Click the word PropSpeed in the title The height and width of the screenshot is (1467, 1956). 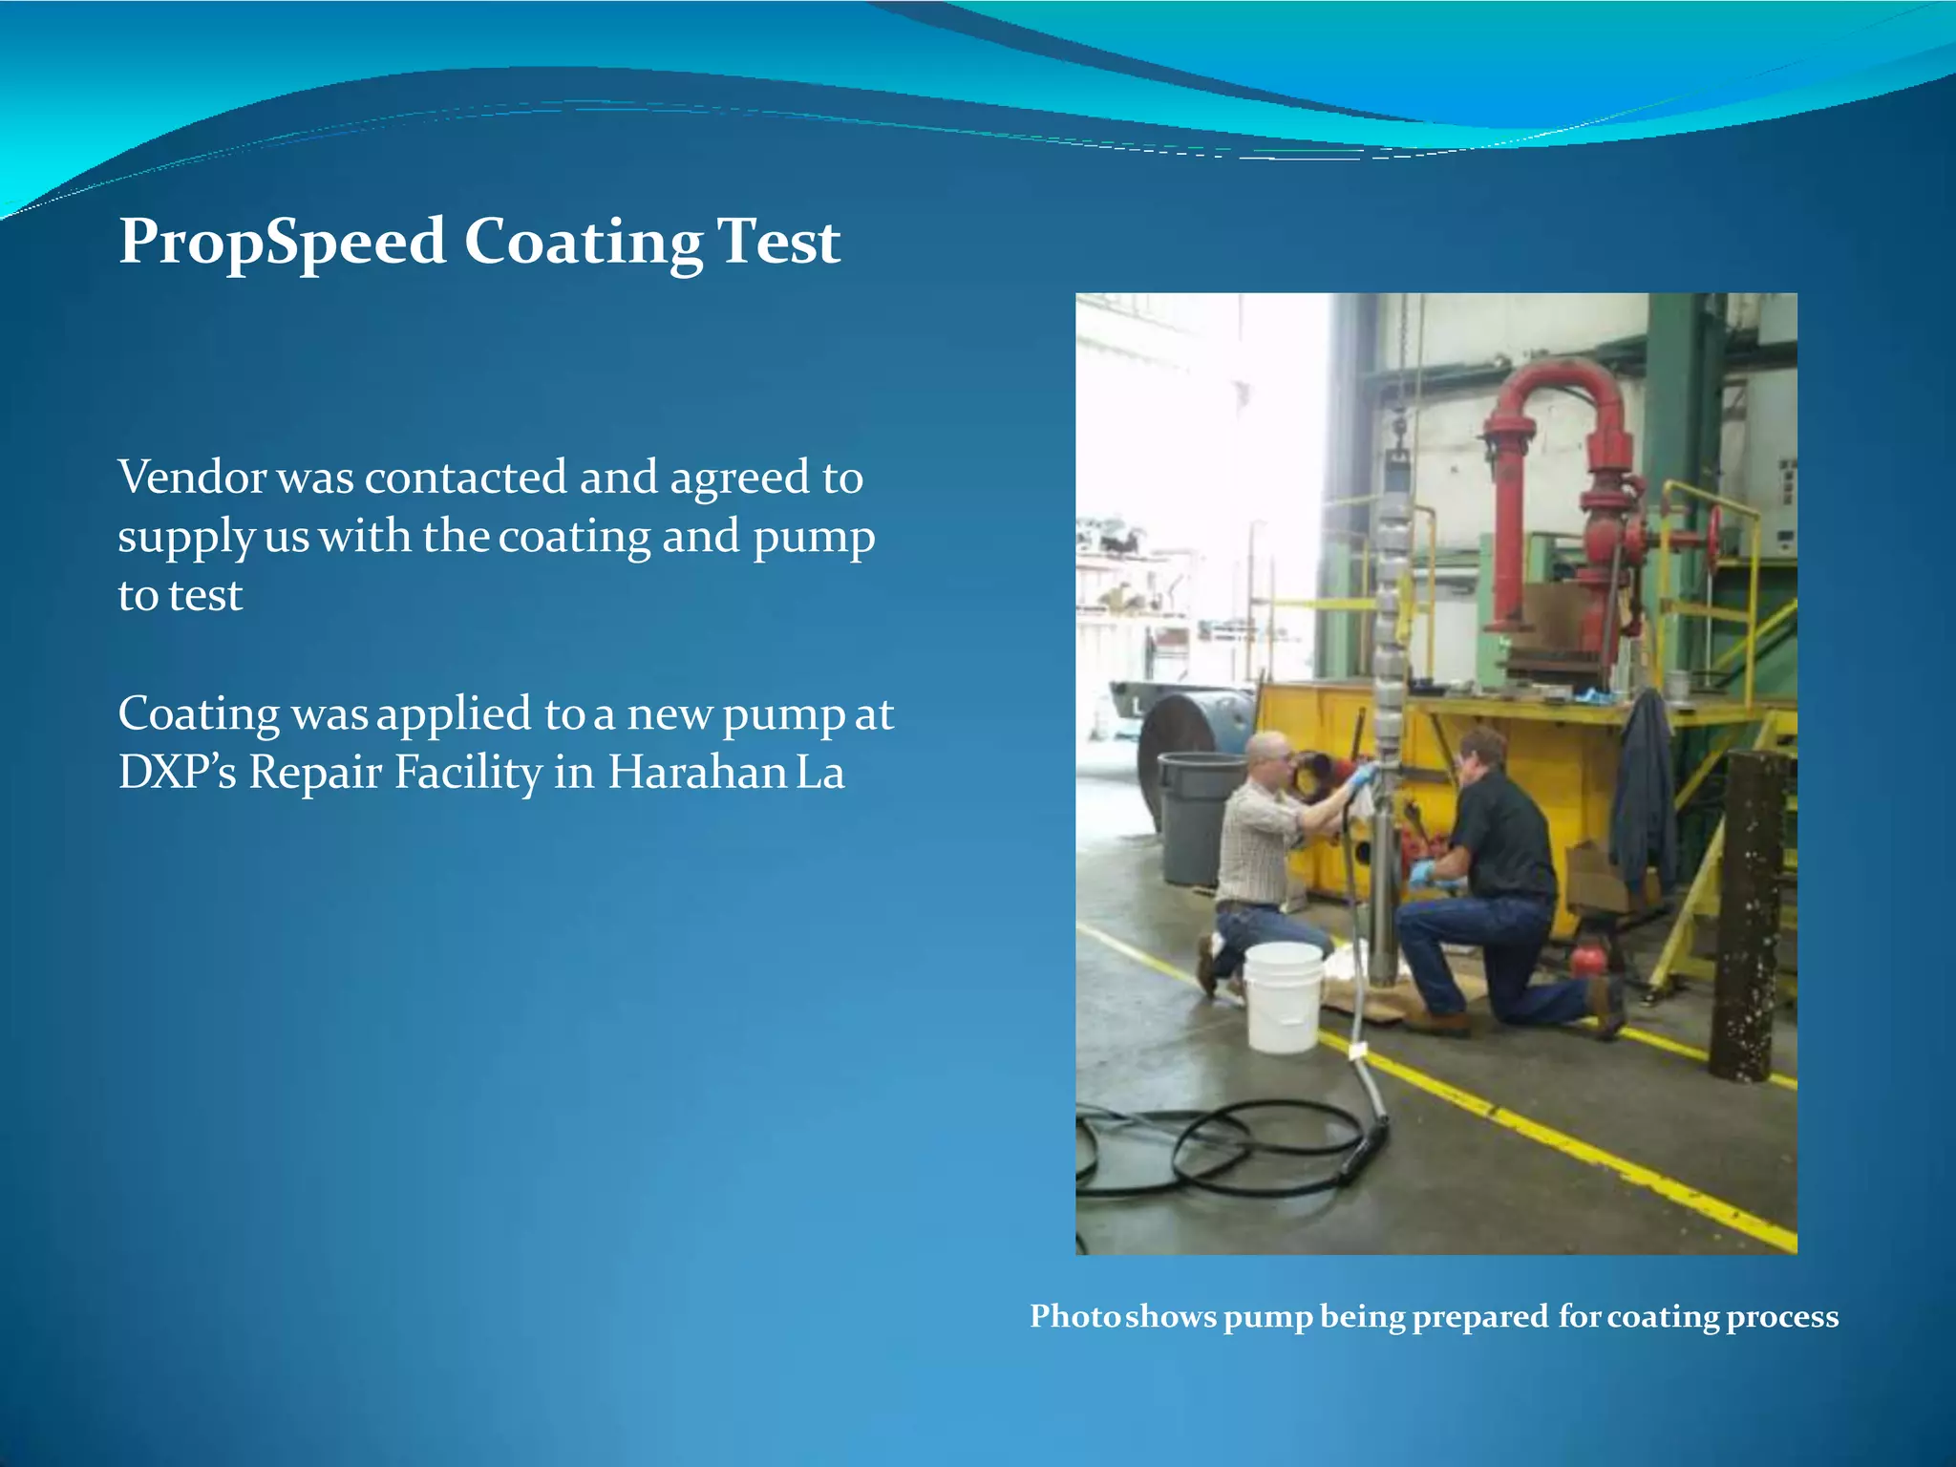point(282,241)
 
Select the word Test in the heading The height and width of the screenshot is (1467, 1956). point(778,241)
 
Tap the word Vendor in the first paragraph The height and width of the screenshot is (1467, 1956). point(192,477)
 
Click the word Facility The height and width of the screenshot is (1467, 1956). point(468,772)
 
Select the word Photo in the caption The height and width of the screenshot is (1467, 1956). point(1075,1316)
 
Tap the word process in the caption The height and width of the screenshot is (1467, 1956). point(1782,1316)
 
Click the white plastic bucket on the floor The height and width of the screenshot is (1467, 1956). point(1284,998)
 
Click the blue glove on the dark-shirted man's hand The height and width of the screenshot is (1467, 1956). point(1421,871)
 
